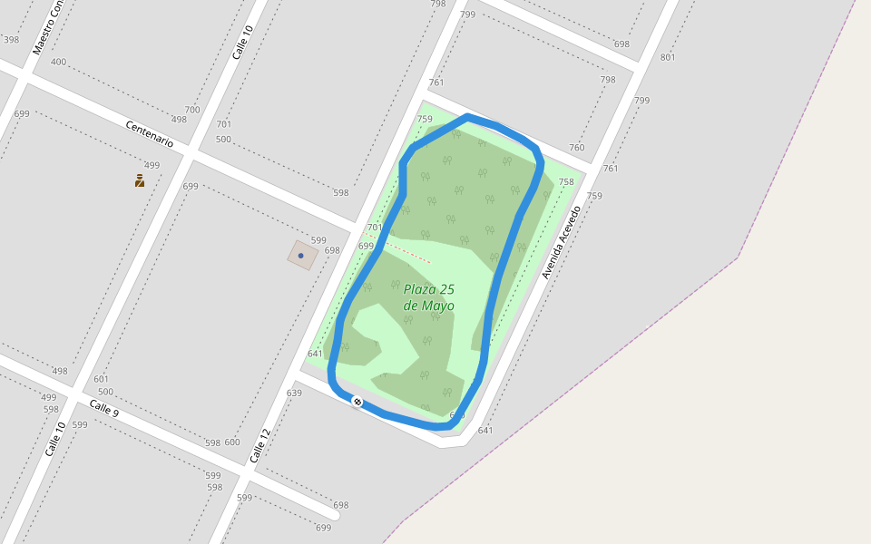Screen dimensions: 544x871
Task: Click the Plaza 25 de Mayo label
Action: (429, 297)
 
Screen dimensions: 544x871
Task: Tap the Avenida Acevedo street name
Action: (560, 242)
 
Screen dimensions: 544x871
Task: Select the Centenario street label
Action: (149, 134)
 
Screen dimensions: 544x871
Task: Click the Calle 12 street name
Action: (260, 446)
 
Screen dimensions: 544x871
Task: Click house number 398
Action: (11, 39)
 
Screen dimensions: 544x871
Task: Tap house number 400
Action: (58, 62)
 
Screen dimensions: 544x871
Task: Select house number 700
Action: (192, 109)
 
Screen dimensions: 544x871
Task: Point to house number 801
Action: (668, 57)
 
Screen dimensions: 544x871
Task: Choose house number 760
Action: (576, 147)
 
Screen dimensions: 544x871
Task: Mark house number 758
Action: (566, 181)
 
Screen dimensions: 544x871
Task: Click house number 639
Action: (294, 393)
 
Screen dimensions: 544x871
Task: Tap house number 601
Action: (101, 379)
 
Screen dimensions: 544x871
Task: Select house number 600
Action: (232, 442)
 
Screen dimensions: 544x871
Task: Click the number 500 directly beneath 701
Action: (223, 139)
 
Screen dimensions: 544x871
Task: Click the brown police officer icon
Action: (140, 180)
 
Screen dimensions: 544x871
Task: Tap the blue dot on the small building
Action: (301, 256)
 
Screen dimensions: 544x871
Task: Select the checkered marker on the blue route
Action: (358, 402)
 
